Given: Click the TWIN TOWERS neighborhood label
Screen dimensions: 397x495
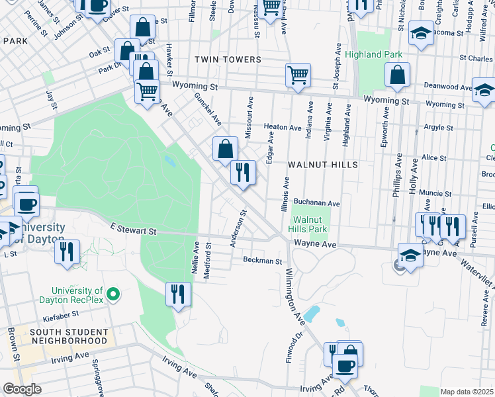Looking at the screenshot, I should coord(228,60).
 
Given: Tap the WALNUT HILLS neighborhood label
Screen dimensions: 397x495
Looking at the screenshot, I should coord(322,164).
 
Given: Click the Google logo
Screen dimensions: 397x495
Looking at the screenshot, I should coord(22,389).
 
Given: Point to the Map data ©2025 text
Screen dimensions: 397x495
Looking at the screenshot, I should coord(467,392).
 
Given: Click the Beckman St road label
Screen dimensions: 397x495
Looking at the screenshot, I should coord(262,261).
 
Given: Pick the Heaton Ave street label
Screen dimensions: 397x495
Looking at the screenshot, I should coord(283,127).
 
